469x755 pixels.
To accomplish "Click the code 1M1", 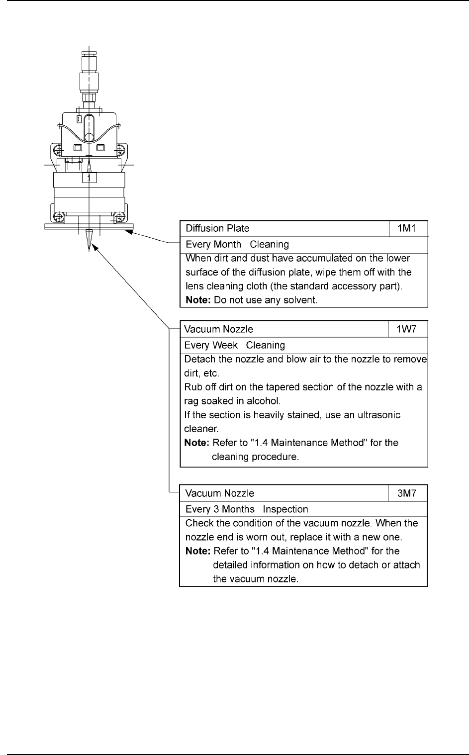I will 408,228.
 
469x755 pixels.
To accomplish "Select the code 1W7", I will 407,329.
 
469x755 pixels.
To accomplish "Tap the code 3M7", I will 407,493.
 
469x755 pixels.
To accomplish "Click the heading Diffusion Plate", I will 217,228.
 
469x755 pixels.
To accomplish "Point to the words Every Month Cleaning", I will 237,244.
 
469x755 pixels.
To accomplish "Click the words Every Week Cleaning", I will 234,345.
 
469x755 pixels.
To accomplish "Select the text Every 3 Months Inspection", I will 246,509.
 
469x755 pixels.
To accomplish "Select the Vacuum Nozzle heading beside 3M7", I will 219,493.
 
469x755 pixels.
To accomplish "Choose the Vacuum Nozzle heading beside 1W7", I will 218,329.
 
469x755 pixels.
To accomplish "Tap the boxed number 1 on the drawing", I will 89,178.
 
